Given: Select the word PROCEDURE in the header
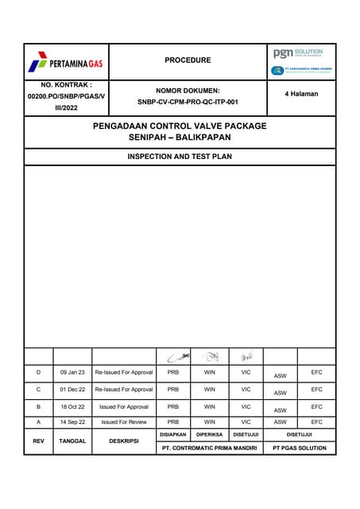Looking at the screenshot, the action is [x=188, y=60].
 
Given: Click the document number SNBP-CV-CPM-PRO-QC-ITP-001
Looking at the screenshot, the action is [x=188, y=102].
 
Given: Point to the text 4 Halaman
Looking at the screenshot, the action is [x=301, y=94].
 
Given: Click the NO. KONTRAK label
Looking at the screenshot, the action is [x=67, y=84].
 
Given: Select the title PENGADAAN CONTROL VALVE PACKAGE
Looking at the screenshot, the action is [x=180, y=126].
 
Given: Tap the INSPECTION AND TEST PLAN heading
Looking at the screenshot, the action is [x=180, y=157].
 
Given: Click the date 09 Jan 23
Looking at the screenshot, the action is [x=72, y=372].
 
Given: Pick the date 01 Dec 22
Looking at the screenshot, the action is [x=72, y=390].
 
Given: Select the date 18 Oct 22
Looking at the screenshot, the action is [x=72, y=406].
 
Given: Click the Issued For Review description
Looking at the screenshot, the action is [x=124, y=422].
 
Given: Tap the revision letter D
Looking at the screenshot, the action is [x=38, y=372].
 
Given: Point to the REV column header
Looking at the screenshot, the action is [x=38, y=440].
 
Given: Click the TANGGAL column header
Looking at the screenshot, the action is [x=72, y=440].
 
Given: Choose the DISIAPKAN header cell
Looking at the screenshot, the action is [x=173, y=434].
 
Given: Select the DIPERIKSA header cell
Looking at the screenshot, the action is [x=210, y=434].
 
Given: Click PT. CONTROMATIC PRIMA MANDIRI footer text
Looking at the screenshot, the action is [x=210, y=449].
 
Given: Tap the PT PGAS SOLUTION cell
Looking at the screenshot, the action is [x=300, y=449].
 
